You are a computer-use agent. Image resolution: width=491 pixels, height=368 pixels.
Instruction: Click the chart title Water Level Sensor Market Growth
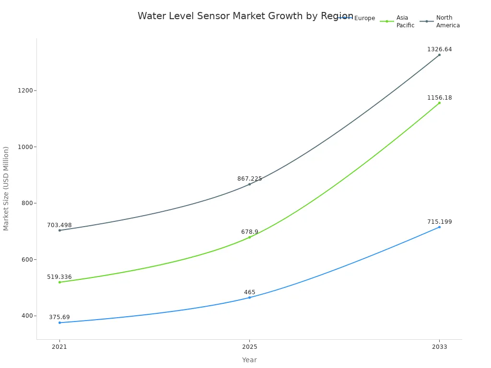pos(245,16)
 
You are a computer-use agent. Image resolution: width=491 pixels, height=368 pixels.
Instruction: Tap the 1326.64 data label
pos(439,49)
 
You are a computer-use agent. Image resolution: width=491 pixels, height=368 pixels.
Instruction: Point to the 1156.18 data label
pos(439,98)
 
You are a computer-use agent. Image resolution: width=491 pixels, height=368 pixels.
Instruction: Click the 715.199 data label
pos(439,222)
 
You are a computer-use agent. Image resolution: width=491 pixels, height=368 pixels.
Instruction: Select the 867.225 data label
pos(249,179)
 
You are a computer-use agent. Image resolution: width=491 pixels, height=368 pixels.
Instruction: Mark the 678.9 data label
pos(249,232)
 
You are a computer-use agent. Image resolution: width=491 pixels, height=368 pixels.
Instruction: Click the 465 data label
pos(249,292)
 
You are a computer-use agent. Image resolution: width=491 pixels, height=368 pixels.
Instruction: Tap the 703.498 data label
pos(59,225)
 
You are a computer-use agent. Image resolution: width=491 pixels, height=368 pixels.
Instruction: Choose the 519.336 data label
pos(59,277)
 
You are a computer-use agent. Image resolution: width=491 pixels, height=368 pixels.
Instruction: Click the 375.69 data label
pos(59,317)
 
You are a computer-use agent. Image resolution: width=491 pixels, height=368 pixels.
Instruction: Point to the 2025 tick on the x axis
pos(249,347)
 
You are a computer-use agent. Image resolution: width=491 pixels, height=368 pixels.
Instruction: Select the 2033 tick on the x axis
pos(439,347)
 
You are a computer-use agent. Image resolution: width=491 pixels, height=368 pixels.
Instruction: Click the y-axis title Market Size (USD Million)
pos(6,188)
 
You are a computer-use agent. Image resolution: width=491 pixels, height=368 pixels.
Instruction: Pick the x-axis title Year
pos(249,360)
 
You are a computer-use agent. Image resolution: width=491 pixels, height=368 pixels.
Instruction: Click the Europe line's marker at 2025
pos(249,298)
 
